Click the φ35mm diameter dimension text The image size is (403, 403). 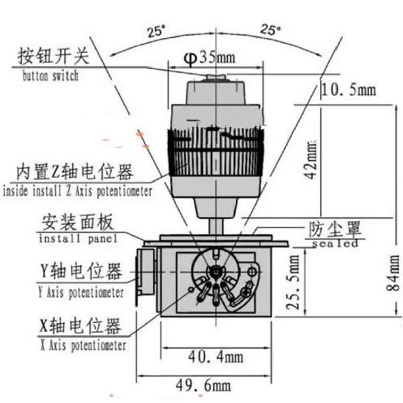[x=209, y=58]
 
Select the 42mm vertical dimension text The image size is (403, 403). [x=310, y=159]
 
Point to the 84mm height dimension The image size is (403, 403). [x=393, y=273]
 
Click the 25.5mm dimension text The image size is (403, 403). [x=293, y=282]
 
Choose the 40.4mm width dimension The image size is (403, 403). [x=216, y=357]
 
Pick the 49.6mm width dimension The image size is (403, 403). [x=204, y=385]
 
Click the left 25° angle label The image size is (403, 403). [x=156, y=32]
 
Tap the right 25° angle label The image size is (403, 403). [x=271, y=30]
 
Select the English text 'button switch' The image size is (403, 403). [x=50, y=76]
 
